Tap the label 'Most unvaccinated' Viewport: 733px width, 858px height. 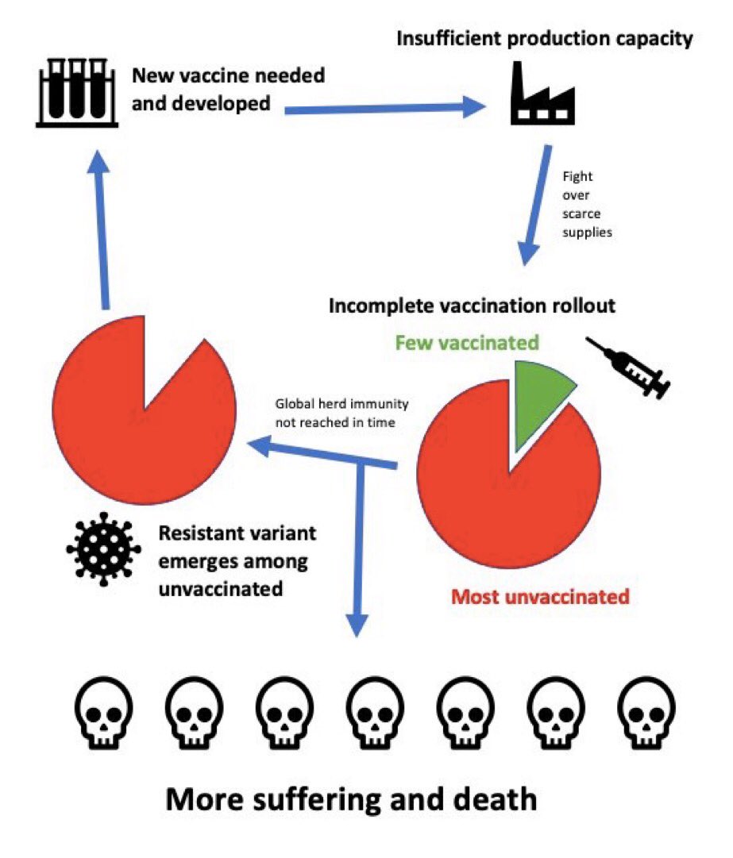point(540,595)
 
